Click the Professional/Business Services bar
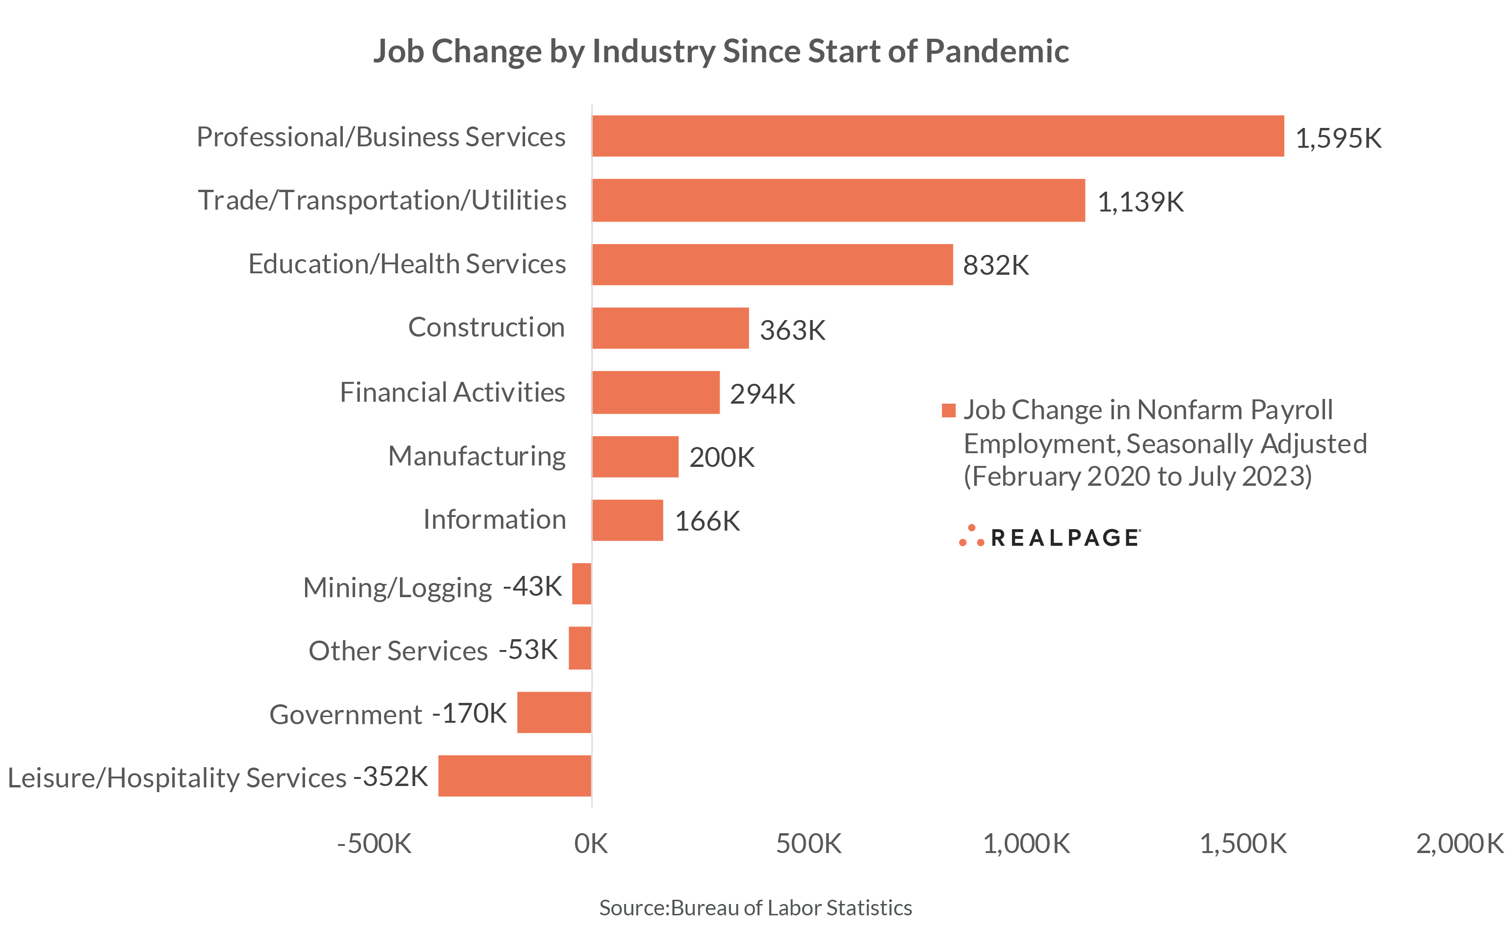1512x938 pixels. (x=937, y=136)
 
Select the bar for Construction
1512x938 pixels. (x=670, y=328)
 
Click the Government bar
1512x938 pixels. (x=553, y=712)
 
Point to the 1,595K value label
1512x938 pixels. (x=1338, y=138)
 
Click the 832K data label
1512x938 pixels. (x=995, y=265)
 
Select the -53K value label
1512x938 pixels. (x=528, y=650)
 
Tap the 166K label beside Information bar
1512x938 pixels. (x=707, y=521)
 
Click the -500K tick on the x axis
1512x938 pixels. (x=374, y=844)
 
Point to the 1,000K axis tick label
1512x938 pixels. (x=1026, y=844)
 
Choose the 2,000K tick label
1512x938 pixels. (x=1459, y=844)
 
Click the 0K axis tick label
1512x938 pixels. (x=591, y=844)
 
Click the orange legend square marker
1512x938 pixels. (x=948, y=410)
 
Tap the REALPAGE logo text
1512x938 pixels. (x=1064, y=538)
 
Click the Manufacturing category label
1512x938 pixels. (x=476, y=456)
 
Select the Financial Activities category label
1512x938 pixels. (x=452, y=392)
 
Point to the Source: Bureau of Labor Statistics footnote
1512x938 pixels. (x=755, y=908)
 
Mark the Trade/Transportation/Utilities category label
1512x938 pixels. (x=382, y=200)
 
